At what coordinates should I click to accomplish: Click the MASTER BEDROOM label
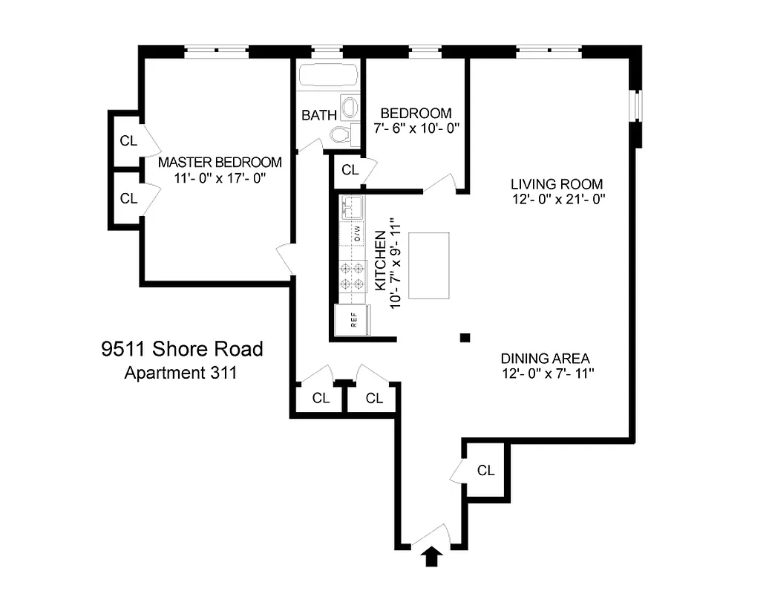point(220,162)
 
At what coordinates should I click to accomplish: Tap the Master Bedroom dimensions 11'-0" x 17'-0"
point(220,178)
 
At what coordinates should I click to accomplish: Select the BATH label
point(319,116)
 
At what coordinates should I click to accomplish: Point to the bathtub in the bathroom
point(328,76)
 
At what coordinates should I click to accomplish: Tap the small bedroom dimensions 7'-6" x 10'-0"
point(416,128)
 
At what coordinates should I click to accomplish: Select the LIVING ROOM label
point(556,183)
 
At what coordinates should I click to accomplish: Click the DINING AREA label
point(546,358)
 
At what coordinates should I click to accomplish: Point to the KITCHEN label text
point(379,260)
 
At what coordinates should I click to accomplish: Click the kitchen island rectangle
point(429,265)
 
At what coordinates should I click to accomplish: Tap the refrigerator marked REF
point(353,320)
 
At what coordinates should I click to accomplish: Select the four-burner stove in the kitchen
point(353,275)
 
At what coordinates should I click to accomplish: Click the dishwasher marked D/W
point(354,234)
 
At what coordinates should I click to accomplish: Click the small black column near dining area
point(465,338)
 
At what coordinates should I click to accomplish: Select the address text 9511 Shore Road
point(182,348)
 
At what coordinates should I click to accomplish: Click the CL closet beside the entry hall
point(485,470)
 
